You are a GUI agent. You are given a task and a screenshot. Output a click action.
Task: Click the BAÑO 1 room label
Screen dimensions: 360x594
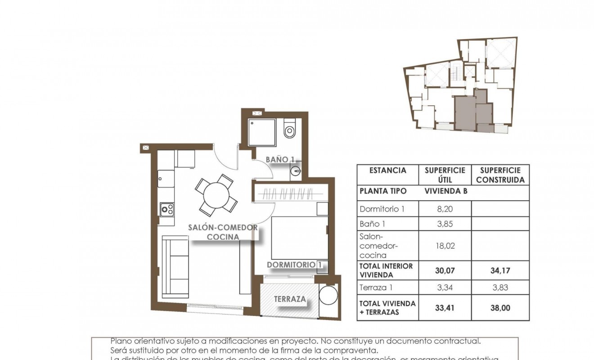280,159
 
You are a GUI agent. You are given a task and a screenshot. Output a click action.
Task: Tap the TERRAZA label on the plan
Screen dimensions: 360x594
290,299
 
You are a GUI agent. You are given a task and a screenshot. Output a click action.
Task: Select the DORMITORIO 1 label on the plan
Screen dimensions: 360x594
295,265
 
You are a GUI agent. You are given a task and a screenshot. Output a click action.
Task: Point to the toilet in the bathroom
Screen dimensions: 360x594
289,130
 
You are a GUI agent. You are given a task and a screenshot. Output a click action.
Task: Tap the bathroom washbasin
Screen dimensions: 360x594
295,171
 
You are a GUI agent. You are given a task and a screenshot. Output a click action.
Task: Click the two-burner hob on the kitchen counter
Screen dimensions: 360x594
167,209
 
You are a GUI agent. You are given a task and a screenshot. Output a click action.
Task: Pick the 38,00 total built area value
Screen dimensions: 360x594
500,308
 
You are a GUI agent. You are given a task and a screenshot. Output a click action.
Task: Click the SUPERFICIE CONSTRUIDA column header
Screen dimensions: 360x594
500,175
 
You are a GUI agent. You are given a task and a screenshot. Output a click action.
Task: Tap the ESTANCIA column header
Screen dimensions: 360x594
387,171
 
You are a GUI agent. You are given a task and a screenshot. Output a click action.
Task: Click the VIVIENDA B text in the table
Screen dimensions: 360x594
446,191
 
